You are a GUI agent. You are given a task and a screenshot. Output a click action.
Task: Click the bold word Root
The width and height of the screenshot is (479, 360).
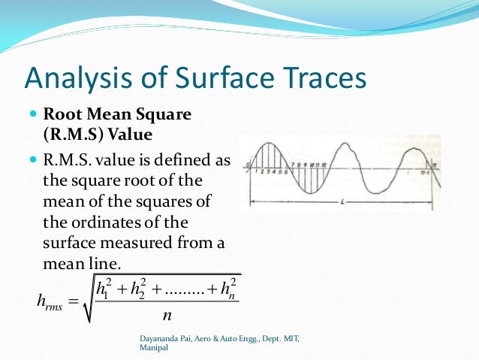61,116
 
